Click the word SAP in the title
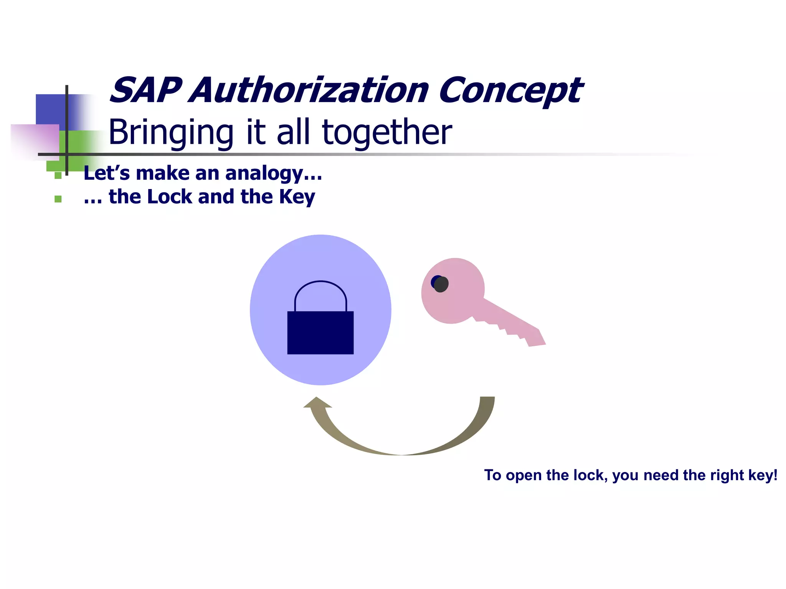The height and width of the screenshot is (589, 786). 145,90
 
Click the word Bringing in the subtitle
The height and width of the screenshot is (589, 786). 171,132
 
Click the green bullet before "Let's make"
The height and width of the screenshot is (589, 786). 58,176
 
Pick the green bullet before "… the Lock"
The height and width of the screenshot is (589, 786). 58,199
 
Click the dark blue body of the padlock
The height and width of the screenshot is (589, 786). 320,332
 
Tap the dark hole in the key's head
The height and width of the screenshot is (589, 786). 440,284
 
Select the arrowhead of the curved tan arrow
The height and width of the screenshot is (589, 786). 317,403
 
